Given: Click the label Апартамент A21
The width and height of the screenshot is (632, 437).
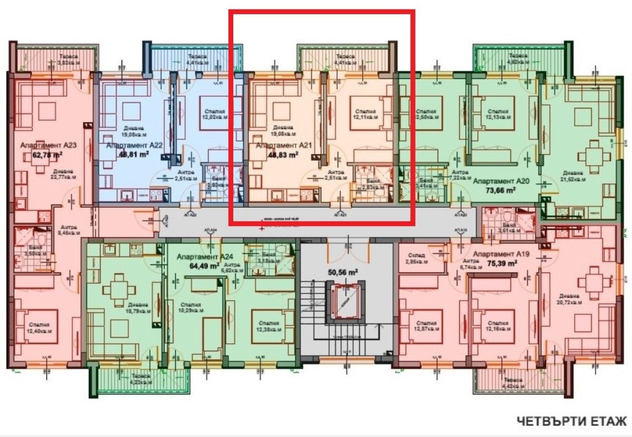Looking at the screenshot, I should point(278,146).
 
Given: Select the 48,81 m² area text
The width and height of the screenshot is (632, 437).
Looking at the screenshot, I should point(127,155).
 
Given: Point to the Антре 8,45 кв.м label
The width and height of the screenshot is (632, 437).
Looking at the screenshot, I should point(68,230).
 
